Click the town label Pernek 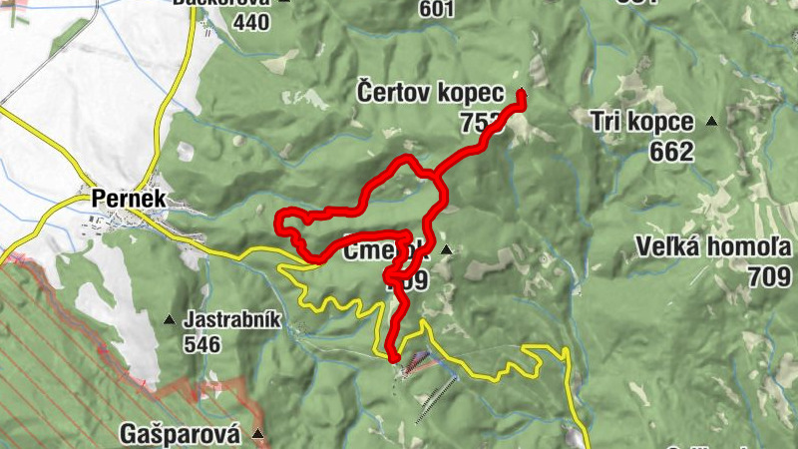[127, 199]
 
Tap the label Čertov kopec [427, 93]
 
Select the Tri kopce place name [641, 122]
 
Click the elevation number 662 [669, 152]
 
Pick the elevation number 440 [249, 21]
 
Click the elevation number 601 [436, 10]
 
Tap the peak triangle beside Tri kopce [711, 122]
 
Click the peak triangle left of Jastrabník [169, 320]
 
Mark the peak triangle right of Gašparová [258, 434]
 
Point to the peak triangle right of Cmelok [447, 249]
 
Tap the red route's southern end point [393, 356]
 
